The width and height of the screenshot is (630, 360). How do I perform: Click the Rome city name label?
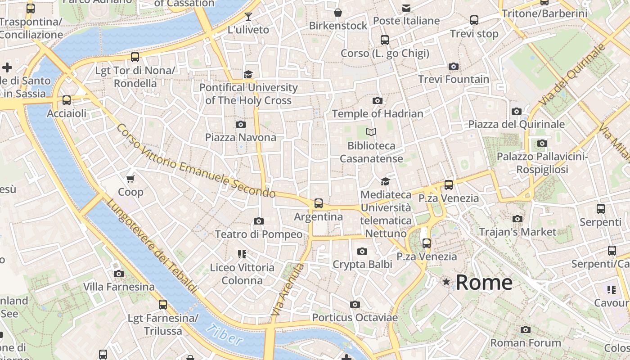484,283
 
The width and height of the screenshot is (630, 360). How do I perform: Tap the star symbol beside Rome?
446,282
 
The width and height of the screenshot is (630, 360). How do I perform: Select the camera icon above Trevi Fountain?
454,67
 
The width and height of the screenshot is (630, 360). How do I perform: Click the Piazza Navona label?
241,137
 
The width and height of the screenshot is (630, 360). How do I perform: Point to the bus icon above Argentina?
319,203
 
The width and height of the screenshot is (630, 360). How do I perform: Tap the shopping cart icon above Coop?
130,179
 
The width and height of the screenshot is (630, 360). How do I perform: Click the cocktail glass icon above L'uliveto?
248,17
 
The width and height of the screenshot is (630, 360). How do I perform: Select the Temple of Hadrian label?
378,114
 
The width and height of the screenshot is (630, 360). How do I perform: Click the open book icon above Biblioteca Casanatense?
371,132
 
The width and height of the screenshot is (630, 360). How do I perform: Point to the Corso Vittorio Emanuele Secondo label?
196,161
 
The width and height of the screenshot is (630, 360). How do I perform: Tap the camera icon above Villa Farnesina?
119,274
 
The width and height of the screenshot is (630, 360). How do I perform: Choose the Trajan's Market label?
517,232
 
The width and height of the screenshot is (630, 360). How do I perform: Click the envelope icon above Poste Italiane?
406,8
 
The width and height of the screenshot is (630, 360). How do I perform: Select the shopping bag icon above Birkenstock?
338,13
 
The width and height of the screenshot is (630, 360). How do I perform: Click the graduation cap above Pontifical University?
248,74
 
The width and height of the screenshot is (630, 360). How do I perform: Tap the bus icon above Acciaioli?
67,100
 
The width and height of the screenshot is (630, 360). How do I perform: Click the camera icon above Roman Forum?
525,330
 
